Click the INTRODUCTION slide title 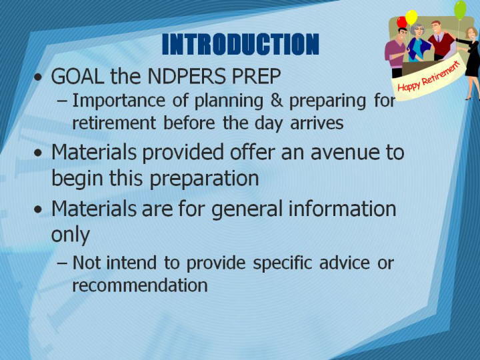pyautogui.click(x=240, y=44)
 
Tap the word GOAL pyautogui.click(x=77, y=76)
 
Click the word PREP pyautogui.click(x=256, y=76)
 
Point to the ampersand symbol pyautogui.click(x=277, y=101)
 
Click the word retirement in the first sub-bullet pyautogui.click(x=114, y=123)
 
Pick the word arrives pyautogui.click(x=317, y=123)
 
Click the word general pyautogui.click(x=247, y=209)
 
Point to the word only pyautogui.click(x=71, y=235)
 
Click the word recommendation pyautogui.click(x=139, y=285)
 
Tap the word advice pyautogui.click(x=345, y=263)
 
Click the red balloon pyautogui.click(x=401, y=22)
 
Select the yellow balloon pyautogui.click(x=411, y=17)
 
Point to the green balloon pyautogui.click(x=460, y=10)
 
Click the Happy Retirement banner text pyautogui.click(x=429, y=77)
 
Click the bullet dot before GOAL pyautogui.click(x=38, y=77)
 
